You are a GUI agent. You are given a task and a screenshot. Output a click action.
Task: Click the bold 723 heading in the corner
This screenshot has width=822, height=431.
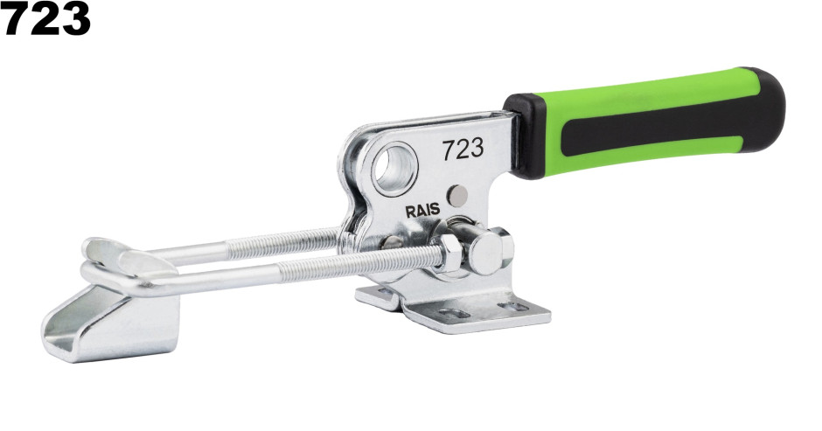pos(45,18)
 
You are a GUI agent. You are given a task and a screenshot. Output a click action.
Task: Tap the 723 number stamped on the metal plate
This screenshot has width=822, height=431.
pos(463,149)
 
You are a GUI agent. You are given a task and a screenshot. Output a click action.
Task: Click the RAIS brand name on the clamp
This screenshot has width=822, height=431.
pos(422,212)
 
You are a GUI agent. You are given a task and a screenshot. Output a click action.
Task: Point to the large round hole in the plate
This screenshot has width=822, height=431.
pos(394,169)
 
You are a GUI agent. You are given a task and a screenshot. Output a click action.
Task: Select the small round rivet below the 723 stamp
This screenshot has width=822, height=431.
pos(457,196)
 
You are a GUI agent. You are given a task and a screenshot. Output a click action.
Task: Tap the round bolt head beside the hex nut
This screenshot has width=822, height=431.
pos(488,251)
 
